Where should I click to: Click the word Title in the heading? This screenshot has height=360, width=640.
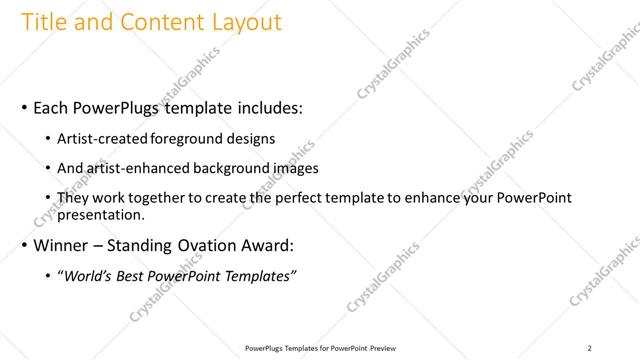point(43,21)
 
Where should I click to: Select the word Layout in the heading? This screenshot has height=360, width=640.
point(245,21)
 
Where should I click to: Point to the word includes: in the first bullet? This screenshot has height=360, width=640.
point(262,106)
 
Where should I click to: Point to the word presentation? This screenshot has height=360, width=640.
point(102,213)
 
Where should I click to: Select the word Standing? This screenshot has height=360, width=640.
point(146,245)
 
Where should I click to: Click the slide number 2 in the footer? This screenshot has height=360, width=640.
point(589,348)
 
